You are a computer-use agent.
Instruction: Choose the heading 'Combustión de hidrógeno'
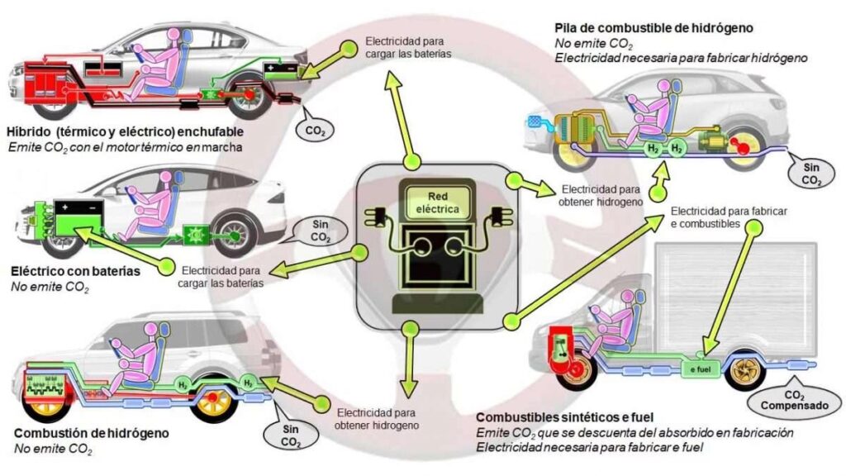point(92,433)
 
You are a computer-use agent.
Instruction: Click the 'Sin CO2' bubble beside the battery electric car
point(320,231)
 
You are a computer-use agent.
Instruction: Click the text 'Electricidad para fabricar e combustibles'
point(729,217)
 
